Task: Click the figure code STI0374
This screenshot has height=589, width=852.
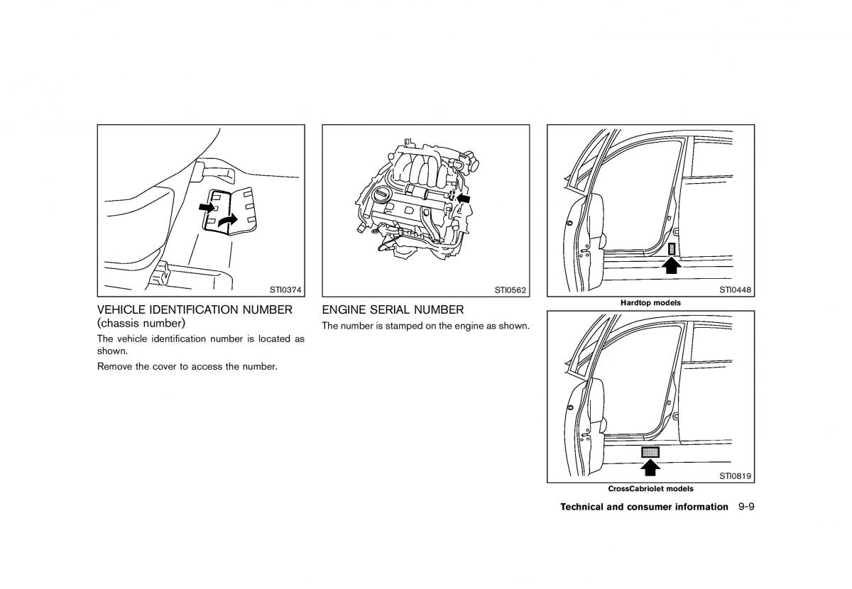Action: [285, 290]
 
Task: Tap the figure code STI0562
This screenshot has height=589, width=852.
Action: [510, 290]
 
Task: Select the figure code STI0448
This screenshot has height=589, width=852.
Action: [736, 290]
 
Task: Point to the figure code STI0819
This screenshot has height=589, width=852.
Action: [736, 476]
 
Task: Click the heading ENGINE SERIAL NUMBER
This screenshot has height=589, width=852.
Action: [393, 310]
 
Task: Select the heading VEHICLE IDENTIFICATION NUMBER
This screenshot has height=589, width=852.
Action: [195, 310]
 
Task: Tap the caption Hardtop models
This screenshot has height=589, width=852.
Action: [650, 303]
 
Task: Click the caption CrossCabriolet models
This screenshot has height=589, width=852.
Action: [650, 489]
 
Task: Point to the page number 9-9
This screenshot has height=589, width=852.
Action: [745, 507]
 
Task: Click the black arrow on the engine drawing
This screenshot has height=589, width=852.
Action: [464, 199]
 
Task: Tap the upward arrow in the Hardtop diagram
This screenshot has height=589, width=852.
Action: [672, 265]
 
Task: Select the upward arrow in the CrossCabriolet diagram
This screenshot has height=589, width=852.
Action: [650, 466]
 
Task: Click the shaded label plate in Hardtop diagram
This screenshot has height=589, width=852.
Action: [672, 248]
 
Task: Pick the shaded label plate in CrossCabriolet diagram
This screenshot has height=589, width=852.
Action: [650, 451]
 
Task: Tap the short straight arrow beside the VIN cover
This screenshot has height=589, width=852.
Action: [206, 207]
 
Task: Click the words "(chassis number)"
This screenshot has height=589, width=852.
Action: [141, 324]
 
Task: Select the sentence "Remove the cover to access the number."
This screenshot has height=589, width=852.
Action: [187, 367]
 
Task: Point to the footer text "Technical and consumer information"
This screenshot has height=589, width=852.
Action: [644, 507]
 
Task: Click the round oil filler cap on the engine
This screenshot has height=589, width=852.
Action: [381, 194]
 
